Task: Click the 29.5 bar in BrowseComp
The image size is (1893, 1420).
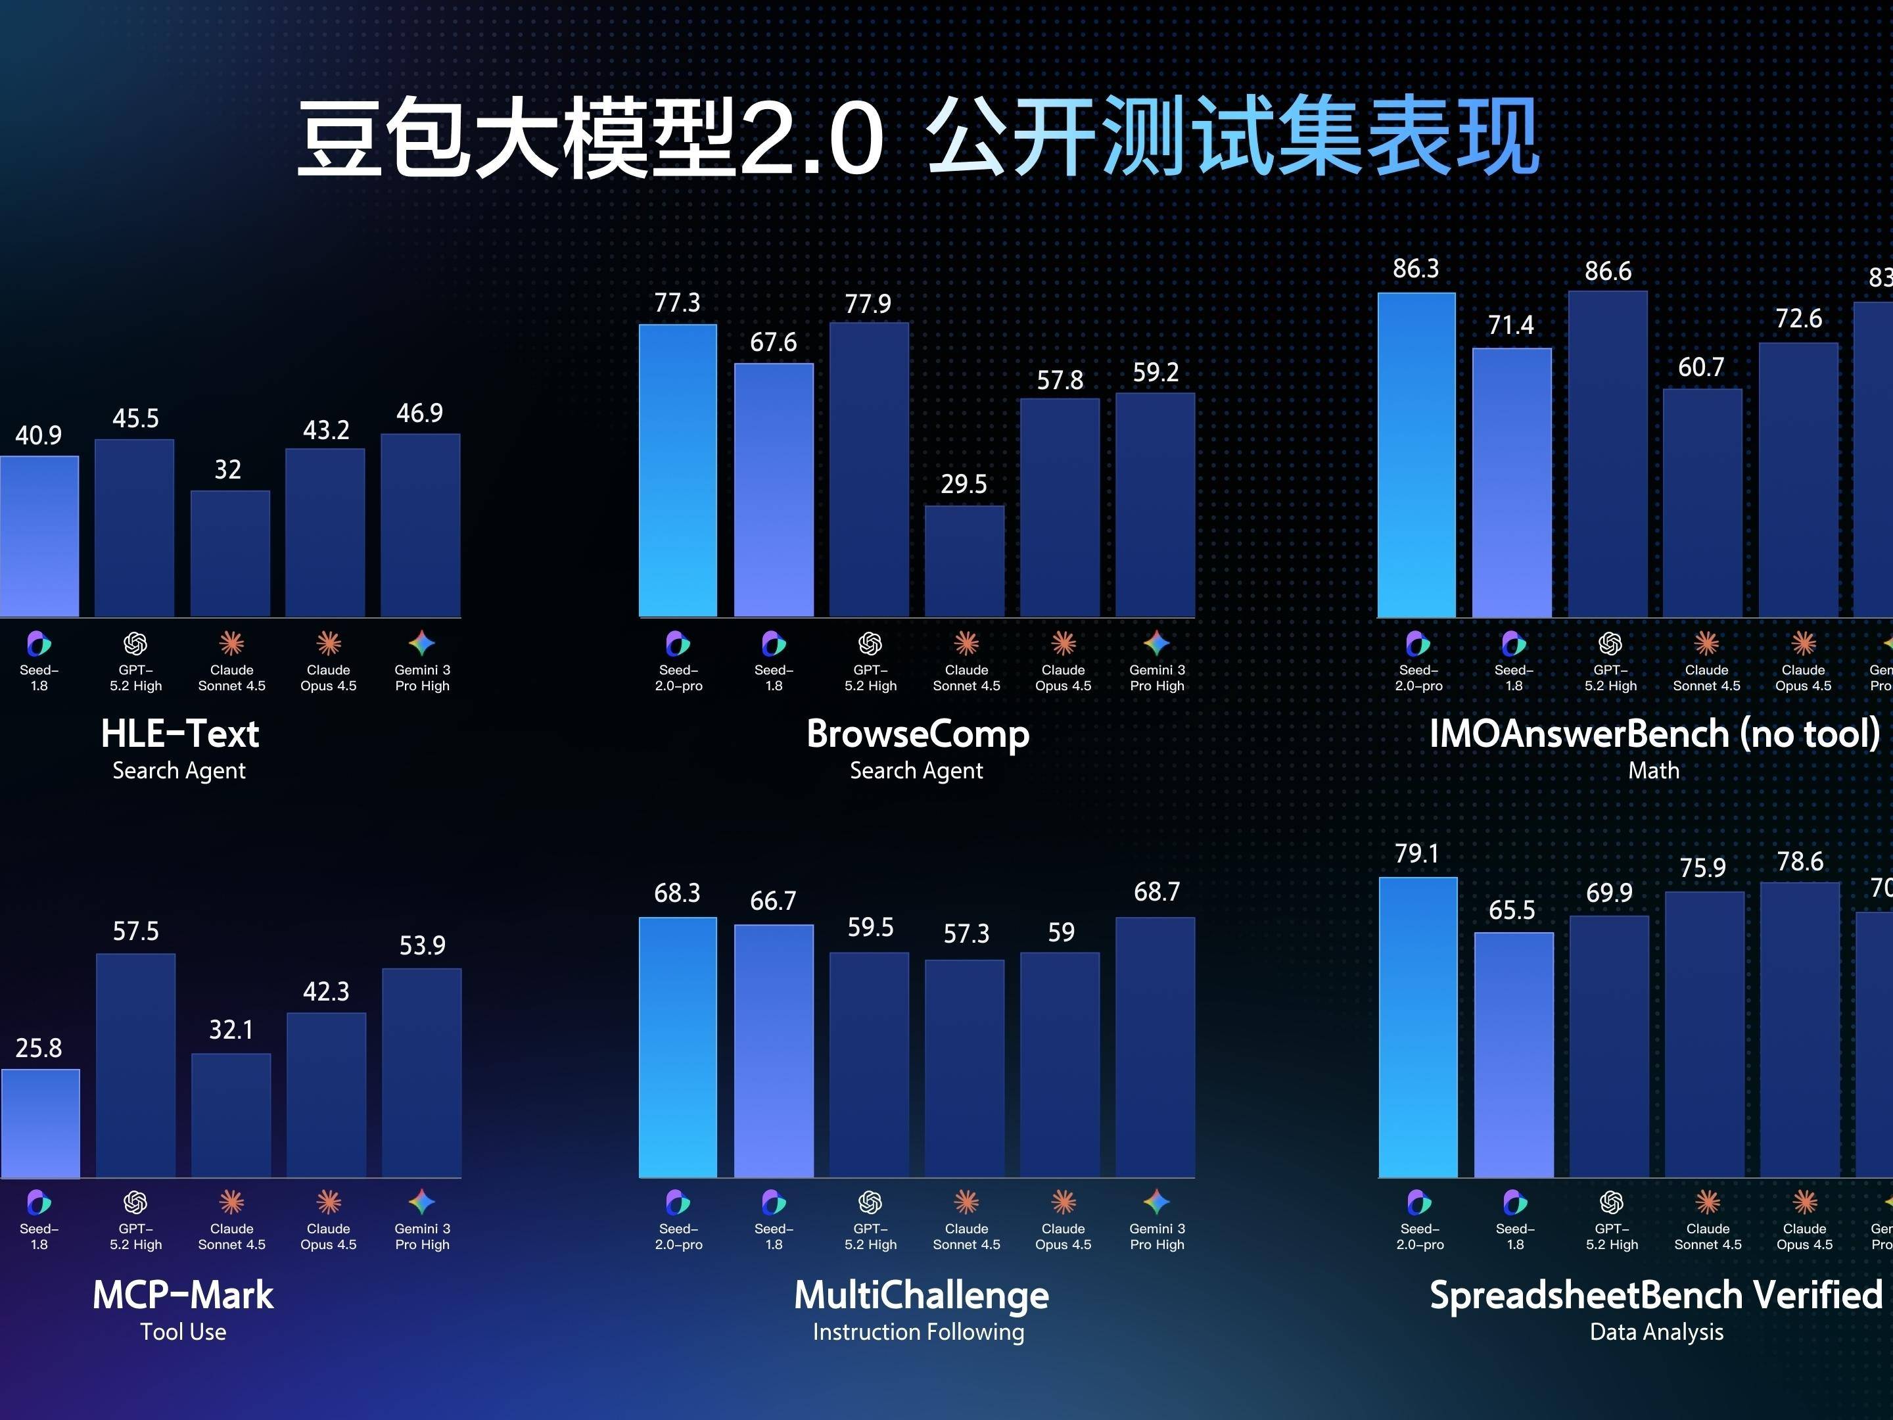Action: [964, 561]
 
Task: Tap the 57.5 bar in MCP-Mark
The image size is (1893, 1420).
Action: [135, 1065]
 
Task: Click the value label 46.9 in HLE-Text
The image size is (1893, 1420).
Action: [419, 414]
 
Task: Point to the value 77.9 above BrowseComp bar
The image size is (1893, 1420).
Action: [868, 304]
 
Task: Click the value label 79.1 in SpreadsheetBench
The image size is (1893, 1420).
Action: [1416, 853]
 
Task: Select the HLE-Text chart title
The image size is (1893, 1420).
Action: [179, 734]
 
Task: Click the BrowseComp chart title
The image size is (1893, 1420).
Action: [918, 734]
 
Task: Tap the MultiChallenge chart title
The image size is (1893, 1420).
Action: [921, 1295]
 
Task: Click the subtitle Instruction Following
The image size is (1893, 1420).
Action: [918, 1332]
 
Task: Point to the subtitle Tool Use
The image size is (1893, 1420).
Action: [183, 1332]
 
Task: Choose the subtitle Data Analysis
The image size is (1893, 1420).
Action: [1656, 1332]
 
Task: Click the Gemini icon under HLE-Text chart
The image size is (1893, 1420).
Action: [422, 643]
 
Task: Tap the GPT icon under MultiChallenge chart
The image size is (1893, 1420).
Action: [870, 1202]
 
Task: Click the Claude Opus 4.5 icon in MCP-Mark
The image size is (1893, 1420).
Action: [329, 1202]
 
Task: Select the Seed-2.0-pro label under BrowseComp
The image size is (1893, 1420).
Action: [678, 678]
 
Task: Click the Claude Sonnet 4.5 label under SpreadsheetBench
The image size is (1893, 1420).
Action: [1707, 1237]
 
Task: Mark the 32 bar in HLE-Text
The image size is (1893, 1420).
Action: [230, 553]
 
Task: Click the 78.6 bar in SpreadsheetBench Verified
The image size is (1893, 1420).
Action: [1800, 1029]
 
